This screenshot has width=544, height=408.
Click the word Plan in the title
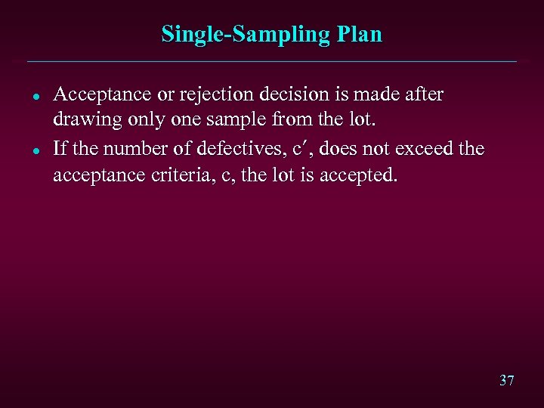tap(360, 35)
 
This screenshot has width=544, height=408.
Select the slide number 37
tap(506, 380)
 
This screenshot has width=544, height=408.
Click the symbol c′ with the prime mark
tap(300, 149)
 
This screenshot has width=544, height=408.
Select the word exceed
tap(419, 149)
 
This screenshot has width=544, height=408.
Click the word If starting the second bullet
tap(60, 149)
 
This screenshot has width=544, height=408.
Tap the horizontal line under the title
tap(272, 61)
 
